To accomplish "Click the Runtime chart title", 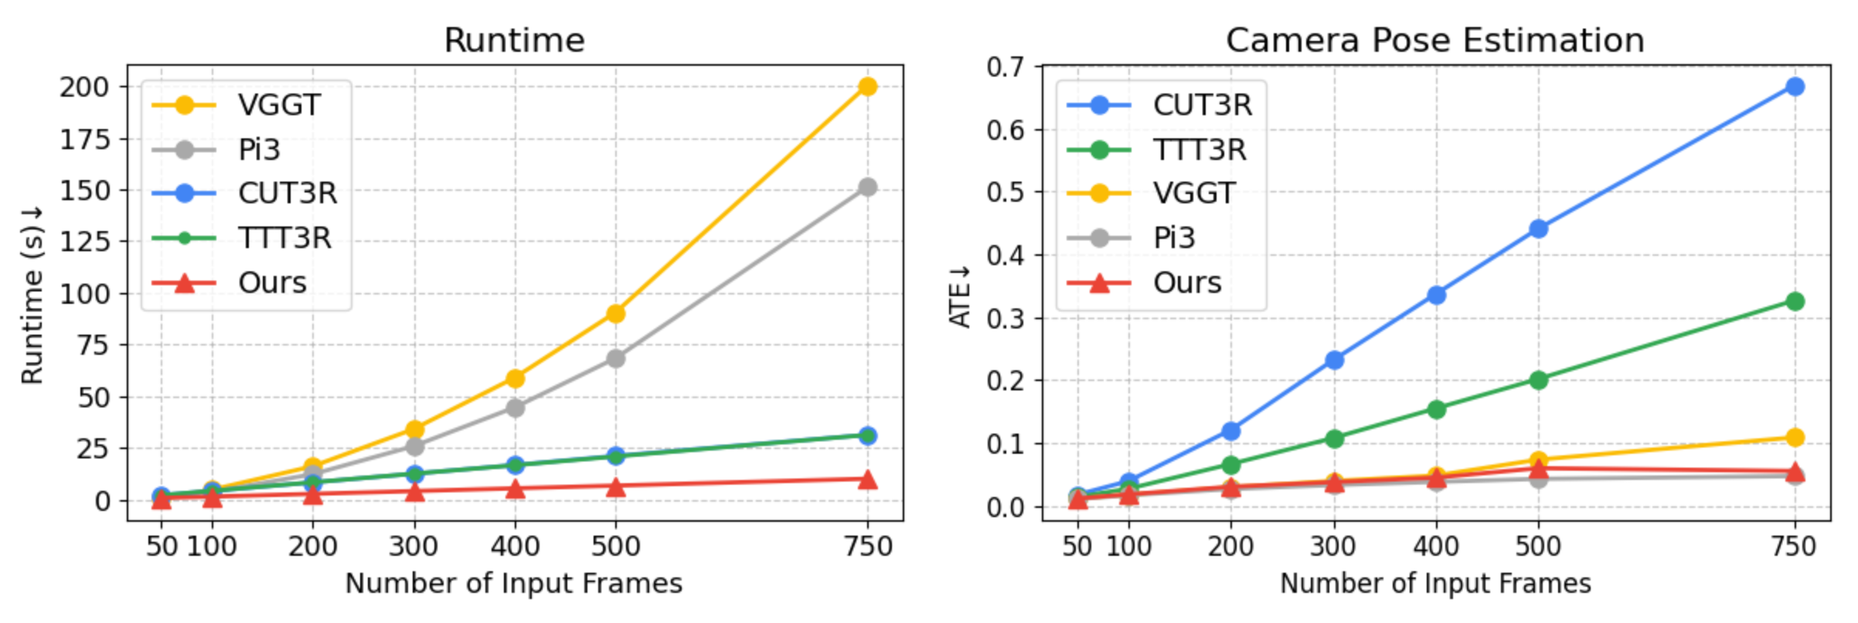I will coord(514,40).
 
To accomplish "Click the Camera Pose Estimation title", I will coord(1434,40).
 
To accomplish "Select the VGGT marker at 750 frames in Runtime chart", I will coord(867,87).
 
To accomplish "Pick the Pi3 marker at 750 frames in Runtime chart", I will coord(867,187).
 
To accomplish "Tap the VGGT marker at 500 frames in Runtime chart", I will coord(615,313).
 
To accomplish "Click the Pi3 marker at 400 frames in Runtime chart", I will coord(515,407).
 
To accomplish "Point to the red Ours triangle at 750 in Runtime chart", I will coord(867,480).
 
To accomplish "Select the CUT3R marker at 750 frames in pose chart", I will coord(1795,87).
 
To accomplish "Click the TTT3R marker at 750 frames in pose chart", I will coord(1795,301).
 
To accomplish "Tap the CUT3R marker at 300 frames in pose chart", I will coord(1334,360).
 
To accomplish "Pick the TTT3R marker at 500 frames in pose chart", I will coord(1538,380).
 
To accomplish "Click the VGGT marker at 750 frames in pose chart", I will coord(1795,437).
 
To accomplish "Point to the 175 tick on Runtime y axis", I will coord(85,139).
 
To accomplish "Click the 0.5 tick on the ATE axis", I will coord(1005,192).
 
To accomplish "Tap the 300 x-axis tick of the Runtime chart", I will coord(413,546).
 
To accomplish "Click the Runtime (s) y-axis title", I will coord(32,294).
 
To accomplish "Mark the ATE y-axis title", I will coord(959,297).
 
